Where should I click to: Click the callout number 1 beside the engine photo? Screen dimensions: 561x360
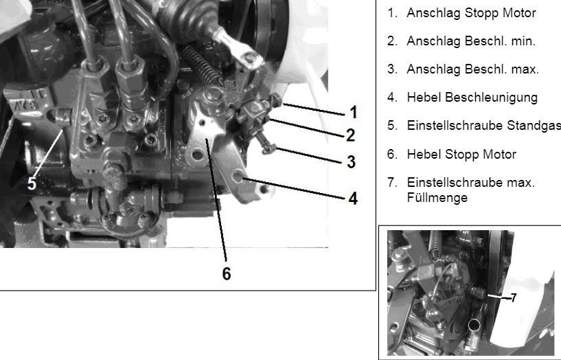tap(354, 112)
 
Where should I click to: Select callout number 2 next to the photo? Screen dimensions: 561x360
tap(351, 135)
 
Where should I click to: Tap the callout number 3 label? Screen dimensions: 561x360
tap(352, 161)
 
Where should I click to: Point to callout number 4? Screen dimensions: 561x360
tap(353, 199)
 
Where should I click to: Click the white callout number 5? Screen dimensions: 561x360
tap(32, 183)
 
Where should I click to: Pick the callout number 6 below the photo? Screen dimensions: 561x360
tap(227, 273)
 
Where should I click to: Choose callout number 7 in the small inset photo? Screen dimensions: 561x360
tap(514, 297)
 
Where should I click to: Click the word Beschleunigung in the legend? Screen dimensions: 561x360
tap(491, 98)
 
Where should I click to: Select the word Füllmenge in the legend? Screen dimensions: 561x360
tap(437, 198)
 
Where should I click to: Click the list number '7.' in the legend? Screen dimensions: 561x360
tap(393, 183)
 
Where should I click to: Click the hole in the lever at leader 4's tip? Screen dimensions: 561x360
tap(238, 177)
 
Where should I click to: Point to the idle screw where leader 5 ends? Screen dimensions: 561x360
tap(62, 117)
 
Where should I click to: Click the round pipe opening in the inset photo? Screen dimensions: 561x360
tap(474, 325)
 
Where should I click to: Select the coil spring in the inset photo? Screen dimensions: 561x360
tap(436, 244)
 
